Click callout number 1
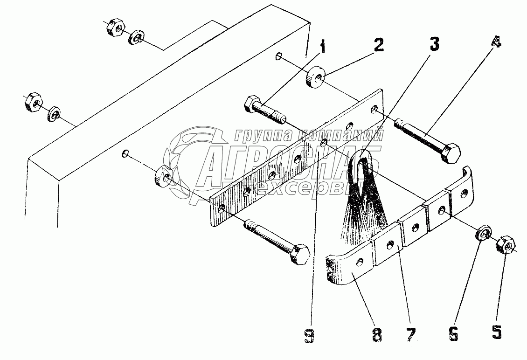[x=323, y=48]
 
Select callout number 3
[x=434, y=45]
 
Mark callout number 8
[x=377, y=334]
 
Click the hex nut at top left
[x=114, y=29]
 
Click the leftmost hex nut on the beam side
[x=33, y=103]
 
